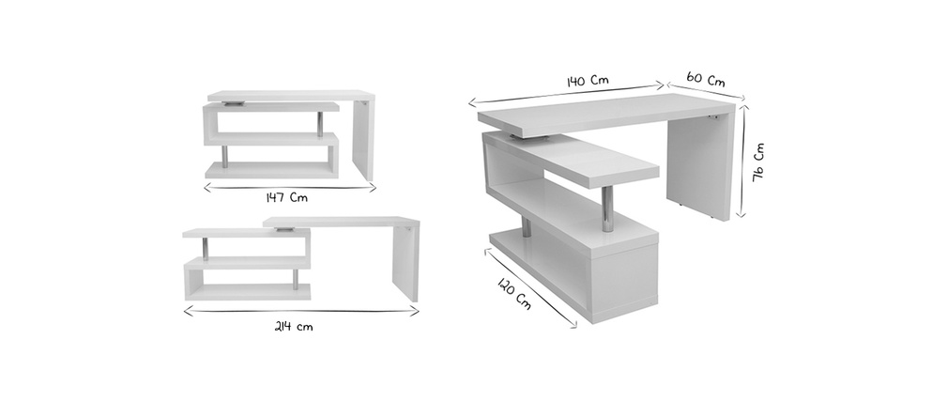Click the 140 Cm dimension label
click(587, 81)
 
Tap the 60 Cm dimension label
click(705, 79)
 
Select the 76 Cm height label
click(758, 162)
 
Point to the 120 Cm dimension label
click(514, 293)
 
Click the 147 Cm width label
click(286, 197)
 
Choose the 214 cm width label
click(294, 327)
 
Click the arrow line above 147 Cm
click(290, 188)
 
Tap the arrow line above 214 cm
click(300, 312)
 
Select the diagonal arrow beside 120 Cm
click(530, 288)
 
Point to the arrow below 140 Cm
click(567, 94)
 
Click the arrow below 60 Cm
click(706, 91)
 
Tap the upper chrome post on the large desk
click(607, 208)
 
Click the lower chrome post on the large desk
click(526, 227)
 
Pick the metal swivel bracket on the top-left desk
click(234, 103)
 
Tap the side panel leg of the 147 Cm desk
click(363, 139)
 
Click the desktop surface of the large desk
click(604, 114)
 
